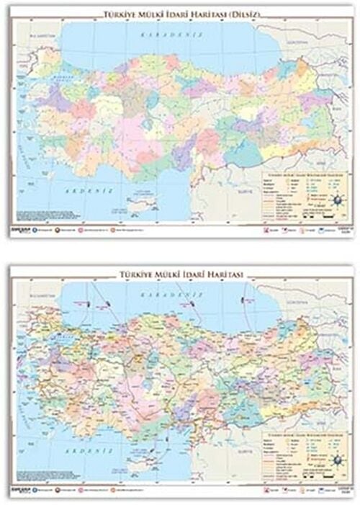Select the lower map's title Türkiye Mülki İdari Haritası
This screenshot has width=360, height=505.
point(181,274)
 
